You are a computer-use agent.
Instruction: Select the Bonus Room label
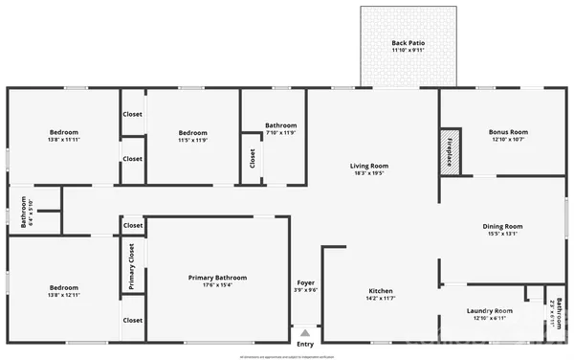click(508, 131)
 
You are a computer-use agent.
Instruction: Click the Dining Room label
click(503, 226)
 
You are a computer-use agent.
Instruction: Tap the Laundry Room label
click(490, 311)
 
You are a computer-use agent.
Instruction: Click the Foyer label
click(305, 283)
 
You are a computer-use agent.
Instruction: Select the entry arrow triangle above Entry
click(305, 332)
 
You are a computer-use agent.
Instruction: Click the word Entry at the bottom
click(305, 345)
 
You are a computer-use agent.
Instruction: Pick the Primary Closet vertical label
click(132, 266)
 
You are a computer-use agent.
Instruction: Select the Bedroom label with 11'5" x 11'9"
click(193, 132)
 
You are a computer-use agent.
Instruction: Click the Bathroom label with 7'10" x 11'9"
click(281, 125)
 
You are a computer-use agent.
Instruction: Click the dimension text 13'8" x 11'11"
click(64, 141)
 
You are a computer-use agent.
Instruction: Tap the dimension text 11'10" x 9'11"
click(406, 51)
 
